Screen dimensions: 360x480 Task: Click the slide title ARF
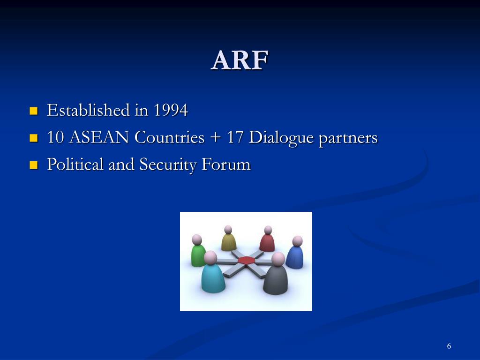click(x=240, y=60)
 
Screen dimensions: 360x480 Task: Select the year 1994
click(x=171, y=111)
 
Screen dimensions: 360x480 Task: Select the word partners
click(x=348, y=138)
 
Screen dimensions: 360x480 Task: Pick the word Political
click(x=75, y=165)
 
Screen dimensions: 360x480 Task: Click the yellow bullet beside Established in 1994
click(x=33, y=111)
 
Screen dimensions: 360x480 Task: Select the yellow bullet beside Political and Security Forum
click(x=33, y=165)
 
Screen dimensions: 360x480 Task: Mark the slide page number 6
click(x=449, y=346)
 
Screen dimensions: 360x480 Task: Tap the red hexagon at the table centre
click(x=246, y=260)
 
